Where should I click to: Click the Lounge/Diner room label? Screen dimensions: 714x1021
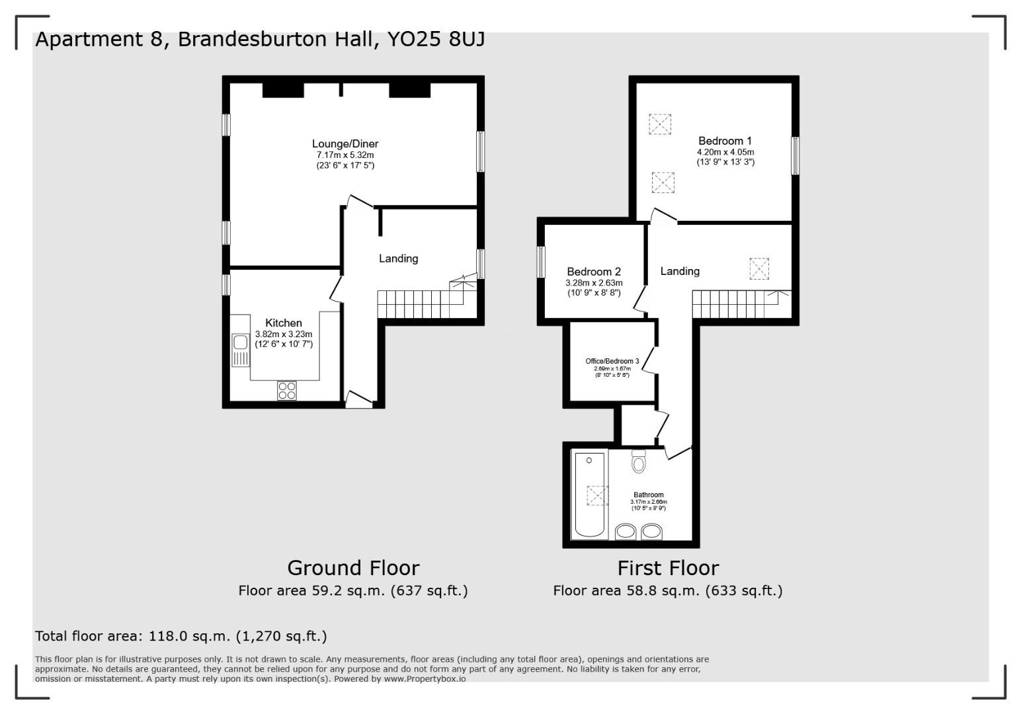point(345,144)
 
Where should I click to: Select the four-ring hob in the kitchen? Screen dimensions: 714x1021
point(287,390)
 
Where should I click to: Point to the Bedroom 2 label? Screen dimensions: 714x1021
point(594,272)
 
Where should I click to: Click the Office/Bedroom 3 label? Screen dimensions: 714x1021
point(612,362)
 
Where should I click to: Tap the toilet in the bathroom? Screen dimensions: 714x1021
point(638,461)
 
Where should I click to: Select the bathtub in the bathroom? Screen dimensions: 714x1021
point(590,495)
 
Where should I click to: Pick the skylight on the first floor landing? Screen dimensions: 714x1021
point(759,268)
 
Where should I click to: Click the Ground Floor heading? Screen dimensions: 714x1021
point(353,568)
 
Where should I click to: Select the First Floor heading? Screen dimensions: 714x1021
point(668,568)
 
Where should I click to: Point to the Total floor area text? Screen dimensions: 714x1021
point(181,636)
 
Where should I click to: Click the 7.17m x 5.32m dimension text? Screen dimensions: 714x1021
point(345,155)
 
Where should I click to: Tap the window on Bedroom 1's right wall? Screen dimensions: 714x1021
point(796,156)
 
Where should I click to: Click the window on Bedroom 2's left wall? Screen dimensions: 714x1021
point(541,262)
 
